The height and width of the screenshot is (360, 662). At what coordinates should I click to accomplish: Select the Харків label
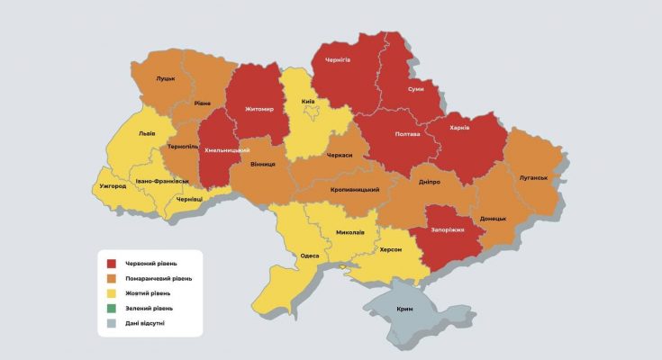coord(459,128)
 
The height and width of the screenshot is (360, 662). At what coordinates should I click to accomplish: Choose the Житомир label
coord(258,110)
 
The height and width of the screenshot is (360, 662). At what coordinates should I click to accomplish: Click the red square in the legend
coord(112,264)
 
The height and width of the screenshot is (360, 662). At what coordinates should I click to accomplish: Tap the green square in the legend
coord(112,308)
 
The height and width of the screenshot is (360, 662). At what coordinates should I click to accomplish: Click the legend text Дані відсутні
coord(145,322)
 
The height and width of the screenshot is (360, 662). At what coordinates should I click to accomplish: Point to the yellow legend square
coord(112,293)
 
